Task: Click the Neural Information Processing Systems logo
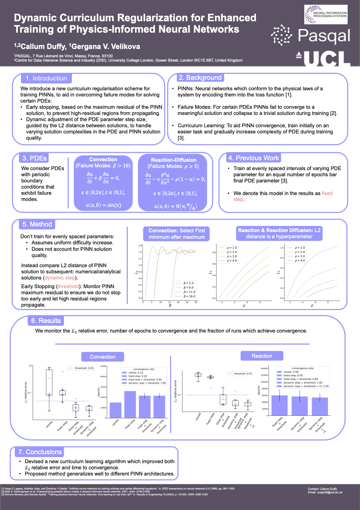pos(326,14)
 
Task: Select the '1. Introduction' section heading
pos(46,78)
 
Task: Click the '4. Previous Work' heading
pos(253,158)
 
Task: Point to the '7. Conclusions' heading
pos(40,452)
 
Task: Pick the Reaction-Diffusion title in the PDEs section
pos(174,160)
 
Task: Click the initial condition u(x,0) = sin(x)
pos(103,205)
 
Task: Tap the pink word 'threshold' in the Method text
pos(68,286)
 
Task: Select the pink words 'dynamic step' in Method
pos(60,278)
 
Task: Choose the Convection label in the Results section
pos(103,357)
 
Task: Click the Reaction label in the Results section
pos(262,356)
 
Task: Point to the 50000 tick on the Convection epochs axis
pos(103,366)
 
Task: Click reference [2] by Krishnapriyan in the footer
pos(76,492)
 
